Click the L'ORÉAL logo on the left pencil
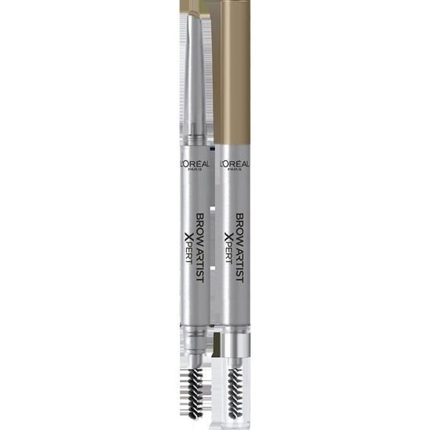tap(195, 164)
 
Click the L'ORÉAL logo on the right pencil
tap(235, 164)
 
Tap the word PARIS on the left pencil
tap(195, 169)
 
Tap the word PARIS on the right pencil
tap(235, 169)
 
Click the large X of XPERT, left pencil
tap(188, 237)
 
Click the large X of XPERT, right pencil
tap(229, 237)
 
